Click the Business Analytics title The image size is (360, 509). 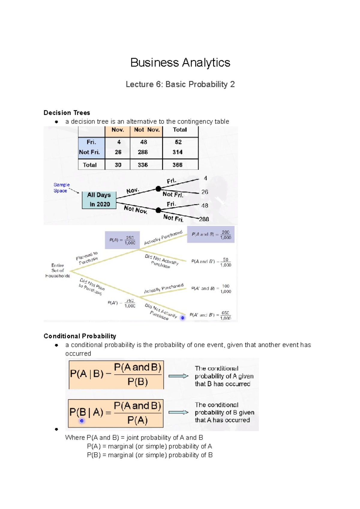180,63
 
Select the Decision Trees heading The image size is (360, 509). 67,113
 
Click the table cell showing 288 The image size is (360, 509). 143,152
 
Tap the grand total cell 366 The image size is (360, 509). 177,165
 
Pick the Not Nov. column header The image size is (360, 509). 146,130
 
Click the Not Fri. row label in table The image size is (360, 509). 89,152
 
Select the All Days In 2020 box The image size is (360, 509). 99,200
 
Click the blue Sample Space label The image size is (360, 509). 61,188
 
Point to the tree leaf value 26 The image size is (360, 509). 205,192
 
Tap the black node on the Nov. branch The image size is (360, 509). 158,189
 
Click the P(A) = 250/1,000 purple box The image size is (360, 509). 122,240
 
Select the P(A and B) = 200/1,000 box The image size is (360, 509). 211,235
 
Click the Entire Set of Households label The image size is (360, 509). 57,270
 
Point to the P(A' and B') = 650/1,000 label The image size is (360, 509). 210,315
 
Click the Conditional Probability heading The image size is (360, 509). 80,336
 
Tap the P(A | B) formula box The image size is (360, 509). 116,375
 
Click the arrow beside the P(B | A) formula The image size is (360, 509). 178,412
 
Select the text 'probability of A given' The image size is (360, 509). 224,376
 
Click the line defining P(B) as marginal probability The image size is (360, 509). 150,455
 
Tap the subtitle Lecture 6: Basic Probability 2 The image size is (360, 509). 180,84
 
